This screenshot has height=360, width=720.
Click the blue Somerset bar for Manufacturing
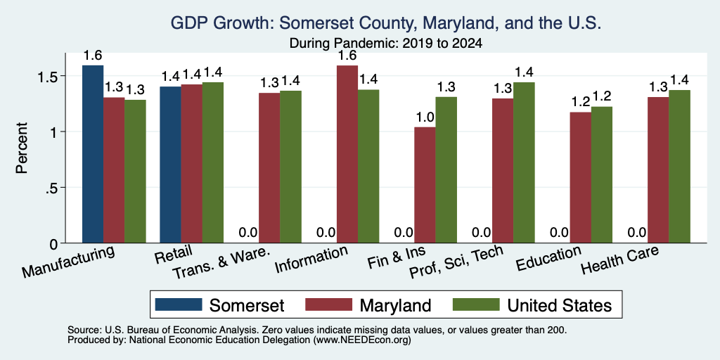tap(93, 154)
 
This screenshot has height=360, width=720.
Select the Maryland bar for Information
tap(347, 154)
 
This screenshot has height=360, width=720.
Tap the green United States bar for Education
tap(602, 175)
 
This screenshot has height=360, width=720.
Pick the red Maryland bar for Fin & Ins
tap(425, 185)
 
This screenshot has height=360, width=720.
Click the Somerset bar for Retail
tap(170, 165)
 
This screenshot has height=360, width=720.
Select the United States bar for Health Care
tap(680, 167)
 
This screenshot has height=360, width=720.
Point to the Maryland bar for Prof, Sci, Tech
tap(502, 171)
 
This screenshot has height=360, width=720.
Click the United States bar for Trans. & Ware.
tap(290, 167)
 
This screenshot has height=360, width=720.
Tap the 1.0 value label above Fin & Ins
tap(425, 117)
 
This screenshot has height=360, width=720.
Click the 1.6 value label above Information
tap(347, 56)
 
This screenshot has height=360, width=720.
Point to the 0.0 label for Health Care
tap(637, 233)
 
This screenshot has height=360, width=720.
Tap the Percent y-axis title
tap(22, 148)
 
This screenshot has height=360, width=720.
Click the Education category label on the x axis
tap(548, 259)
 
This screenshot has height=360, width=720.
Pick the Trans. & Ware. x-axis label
tap(220, 264)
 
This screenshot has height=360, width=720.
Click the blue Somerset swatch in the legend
tap(179, 304)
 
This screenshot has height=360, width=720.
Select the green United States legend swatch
tap(476, 304)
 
